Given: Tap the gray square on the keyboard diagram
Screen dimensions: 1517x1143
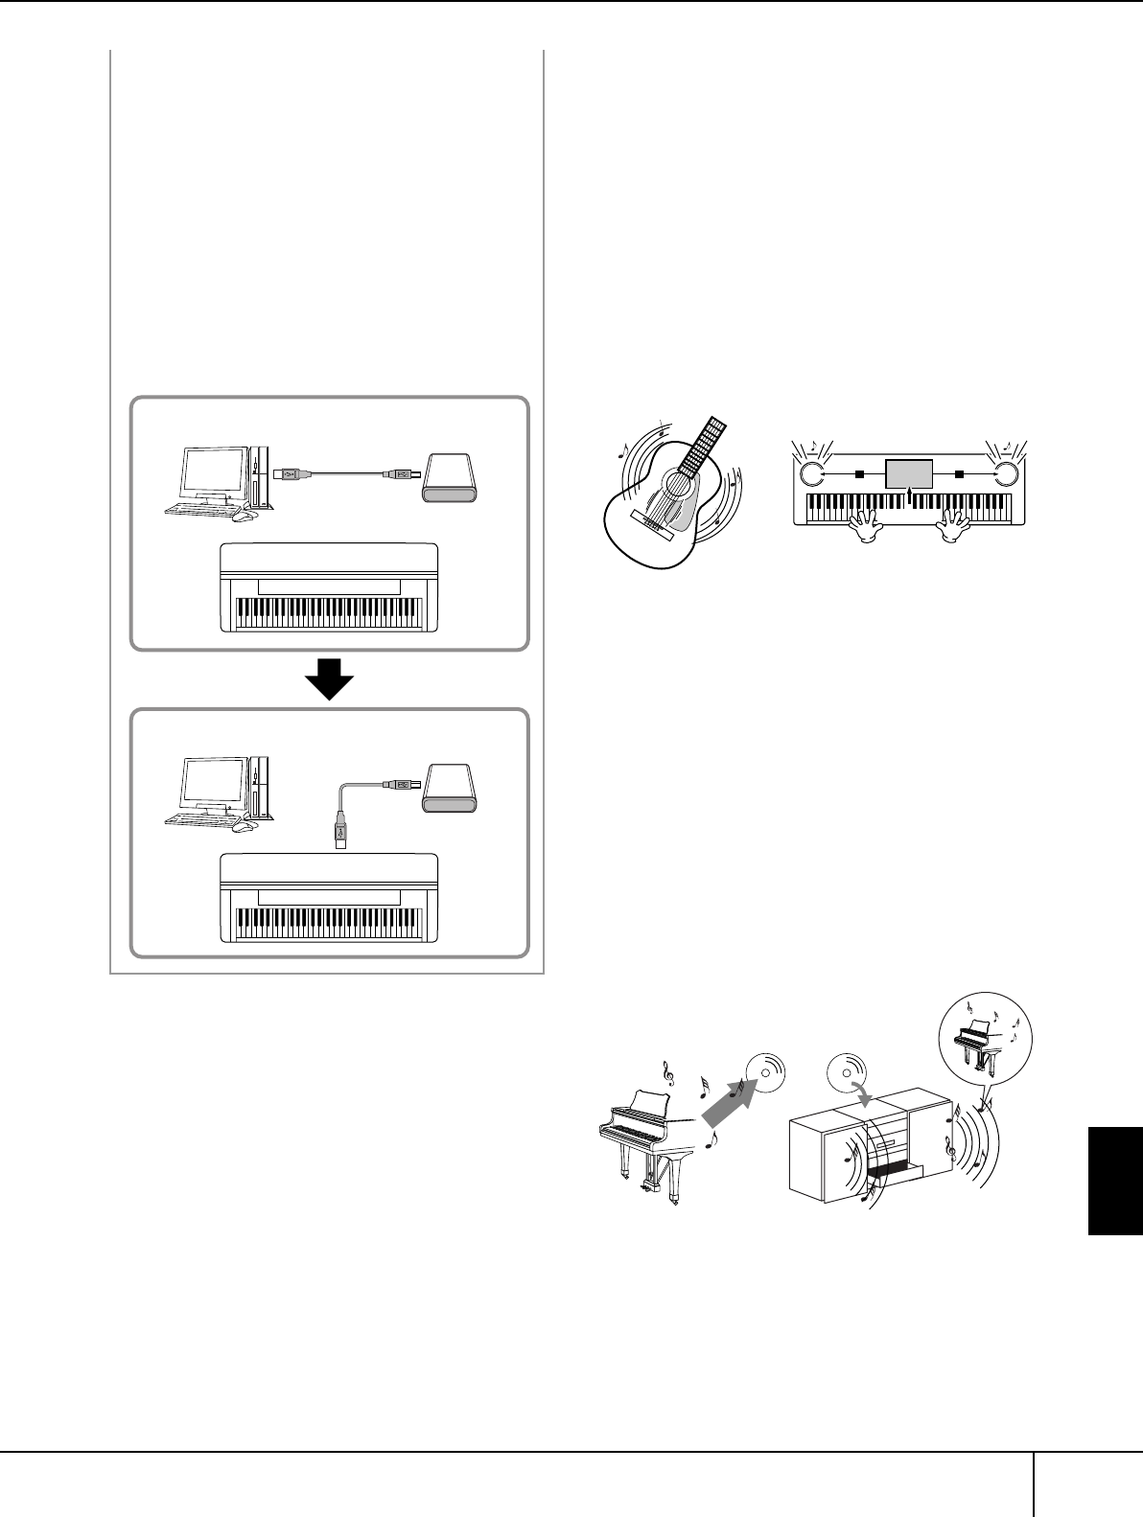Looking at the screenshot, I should [909, 472].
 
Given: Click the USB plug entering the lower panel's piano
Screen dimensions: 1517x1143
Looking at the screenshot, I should [339, 831].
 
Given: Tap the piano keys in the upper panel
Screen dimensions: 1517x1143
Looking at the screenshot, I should [329, 610].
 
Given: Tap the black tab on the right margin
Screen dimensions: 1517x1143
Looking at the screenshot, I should [1115, 1181].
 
